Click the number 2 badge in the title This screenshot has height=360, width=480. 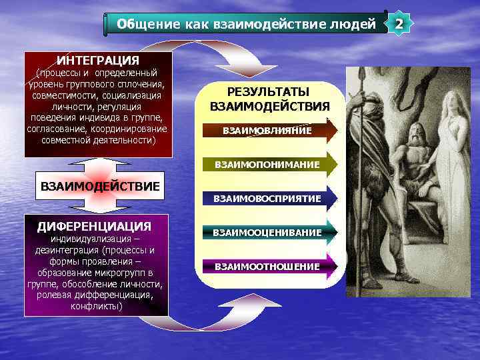coord(399,25)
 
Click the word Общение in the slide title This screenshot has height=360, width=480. coord(139,25)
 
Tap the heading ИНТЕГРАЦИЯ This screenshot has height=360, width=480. coord(98,60)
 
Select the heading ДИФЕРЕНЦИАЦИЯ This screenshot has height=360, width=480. coord(94,226)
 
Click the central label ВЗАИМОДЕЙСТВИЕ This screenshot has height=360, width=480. coord(101,186)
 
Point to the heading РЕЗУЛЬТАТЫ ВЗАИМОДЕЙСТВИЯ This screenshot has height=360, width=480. coord(269,99)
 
